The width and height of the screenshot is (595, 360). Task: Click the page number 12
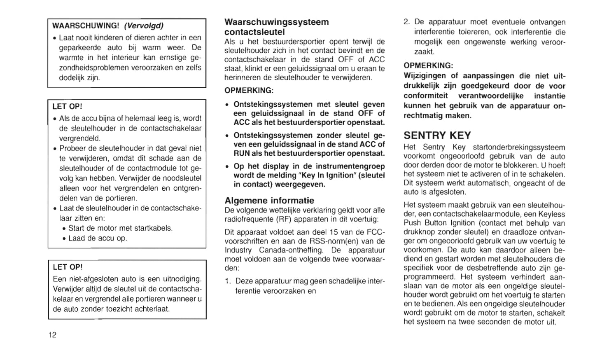[52, 335]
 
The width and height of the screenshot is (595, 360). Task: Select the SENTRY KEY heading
[437, 136]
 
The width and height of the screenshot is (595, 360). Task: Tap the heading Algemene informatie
[269, 201]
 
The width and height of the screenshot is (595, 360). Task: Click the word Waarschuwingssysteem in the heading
[276, 22]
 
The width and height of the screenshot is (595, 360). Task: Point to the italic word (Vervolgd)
[144, 26]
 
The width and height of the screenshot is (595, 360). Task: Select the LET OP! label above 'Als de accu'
[68, 107]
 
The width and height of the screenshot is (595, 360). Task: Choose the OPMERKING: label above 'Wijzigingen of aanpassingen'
[428, 65]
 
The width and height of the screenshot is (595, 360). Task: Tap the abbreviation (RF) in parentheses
[284, 219]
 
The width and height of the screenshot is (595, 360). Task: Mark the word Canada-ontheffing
[291, 250]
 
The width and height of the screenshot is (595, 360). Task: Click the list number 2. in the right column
[407, 22]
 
